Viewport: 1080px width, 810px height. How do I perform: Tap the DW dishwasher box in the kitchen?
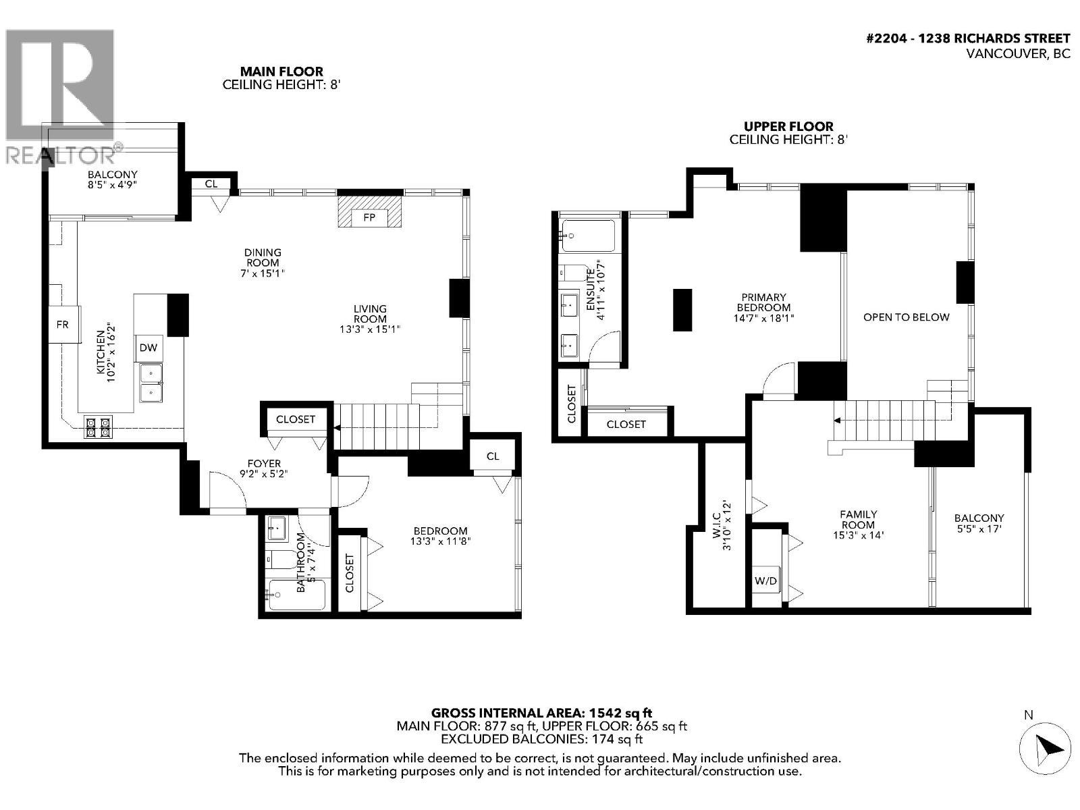[148, 348]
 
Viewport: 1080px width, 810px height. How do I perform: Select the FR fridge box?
[63, 325]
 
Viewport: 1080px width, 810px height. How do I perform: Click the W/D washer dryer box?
[766, 580]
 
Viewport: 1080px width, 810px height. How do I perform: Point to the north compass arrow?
[1044, 747]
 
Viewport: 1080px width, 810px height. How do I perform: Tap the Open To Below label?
[906, 317]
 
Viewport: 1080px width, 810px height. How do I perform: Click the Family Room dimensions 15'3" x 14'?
[859, 535]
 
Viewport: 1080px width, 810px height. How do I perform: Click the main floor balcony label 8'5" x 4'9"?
[112, 179]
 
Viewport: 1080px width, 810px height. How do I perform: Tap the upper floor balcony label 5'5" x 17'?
[979, 523]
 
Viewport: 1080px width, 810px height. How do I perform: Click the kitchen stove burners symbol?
[98, 427]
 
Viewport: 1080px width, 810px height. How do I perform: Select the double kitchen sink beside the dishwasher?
[151, 383]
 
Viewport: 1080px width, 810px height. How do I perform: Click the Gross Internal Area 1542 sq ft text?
[541, 713]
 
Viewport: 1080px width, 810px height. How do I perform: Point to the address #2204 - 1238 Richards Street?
[967, 39]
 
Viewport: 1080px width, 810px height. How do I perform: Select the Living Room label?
[370, 314]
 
